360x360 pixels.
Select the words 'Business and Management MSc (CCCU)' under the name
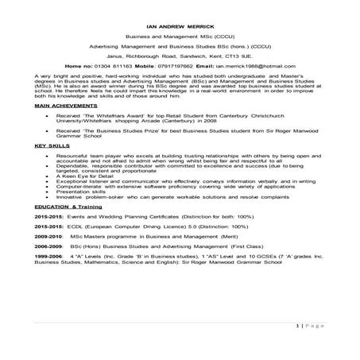click(x=180, y=37)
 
